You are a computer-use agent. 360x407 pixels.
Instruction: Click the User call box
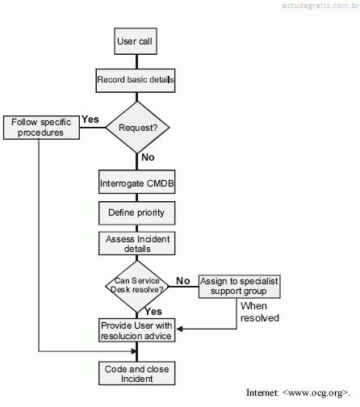click(x=136, y=41)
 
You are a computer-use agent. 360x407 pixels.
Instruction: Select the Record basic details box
click(x=136, y=81)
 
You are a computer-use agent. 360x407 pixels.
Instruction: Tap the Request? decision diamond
click(x=137, y=128)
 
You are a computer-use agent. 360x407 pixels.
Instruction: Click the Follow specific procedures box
click(x=41, y=128)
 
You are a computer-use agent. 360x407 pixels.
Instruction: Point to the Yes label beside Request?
click(x=90, y=120)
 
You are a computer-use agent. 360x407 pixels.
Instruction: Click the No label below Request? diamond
click(x=148, y=157)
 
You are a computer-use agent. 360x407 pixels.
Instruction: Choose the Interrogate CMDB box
click(x=136, y=182)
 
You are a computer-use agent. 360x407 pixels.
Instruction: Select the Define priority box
click(x=136, y=213)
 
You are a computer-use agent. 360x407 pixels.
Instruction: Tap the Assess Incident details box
click(x=136, y=243)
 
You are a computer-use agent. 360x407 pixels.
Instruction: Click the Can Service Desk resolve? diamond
click(x=137, y=287)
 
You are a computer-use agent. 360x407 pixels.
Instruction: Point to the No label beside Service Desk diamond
click(x=183, y=281)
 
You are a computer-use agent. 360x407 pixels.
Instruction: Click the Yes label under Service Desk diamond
click(x=153, y=312)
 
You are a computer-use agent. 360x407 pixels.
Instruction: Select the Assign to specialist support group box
click(x=240, y=287)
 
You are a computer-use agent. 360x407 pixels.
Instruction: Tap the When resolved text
click(x=260, y=312)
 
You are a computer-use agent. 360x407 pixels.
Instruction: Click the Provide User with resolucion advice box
click(x=136, y=330)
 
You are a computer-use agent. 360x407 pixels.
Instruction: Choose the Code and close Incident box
click(x=136, y=373)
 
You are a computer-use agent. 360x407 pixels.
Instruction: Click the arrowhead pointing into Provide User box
click(x=179, y=329)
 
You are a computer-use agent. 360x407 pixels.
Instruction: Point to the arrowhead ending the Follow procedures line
click(x=134, y=351)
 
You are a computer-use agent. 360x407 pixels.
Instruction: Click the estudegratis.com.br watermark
click(x=320, y=6)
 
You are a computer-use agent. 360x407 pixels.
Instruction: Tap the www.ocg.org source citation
click(x=298, y=392)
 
